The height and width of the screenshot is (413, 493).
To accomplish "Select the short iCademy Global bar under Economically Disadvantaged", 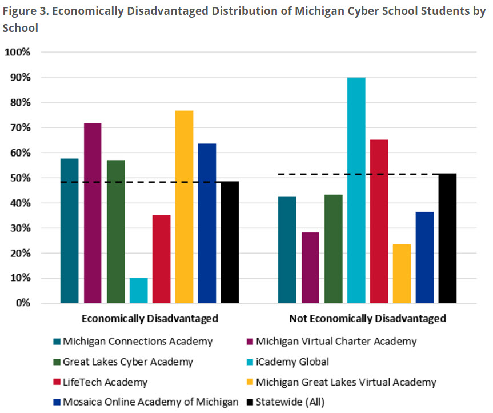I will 138,291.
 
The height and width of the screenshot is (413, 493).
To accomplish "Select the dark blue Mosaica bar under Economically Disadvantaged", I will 207,223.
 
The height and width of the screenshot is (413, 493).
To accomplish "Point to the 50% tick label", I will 20,178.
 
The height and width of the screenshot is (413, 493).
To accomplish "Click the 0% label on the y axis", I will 22,303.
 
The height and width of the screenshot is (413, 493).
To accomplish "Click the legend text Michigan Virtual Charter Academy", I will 336,342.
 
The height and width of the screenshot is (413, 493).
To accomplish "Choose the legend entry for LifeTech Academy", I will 105,382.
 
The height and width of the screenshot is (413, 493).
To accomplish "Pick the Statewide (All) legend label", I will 290,402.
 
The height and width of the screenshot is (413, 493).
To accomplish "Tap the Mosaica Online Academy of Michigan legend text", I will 150,402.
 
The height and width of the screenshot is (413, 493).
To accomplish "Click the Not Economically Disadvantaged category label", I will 367,318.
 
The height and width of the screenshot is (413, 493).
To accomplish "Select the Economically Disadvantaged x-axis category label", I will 150,318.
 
